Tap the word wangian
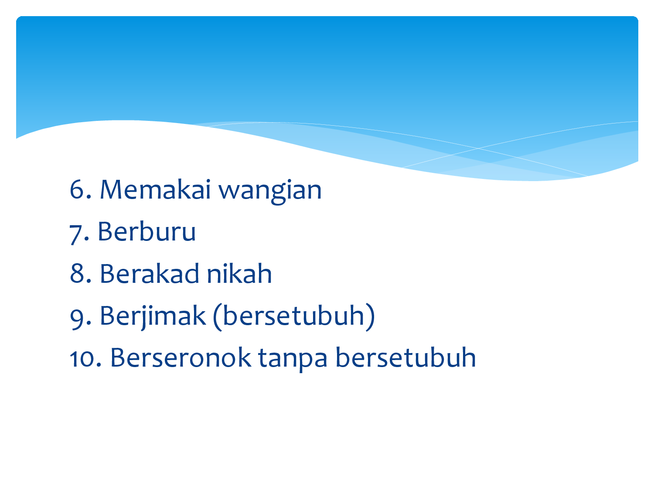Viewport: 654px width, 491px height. coord(270,192)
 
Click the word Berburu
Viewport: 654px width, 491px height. coord(146,231)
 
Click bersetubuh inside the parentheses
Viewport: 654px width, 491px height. coord(294,315)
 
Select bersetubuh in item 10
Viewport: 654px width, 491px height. coord(406,357)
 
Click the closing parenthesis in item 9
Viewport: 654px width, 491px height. coord(370,318)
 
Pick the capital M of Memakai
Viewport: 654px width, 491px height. coord(111,189)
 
